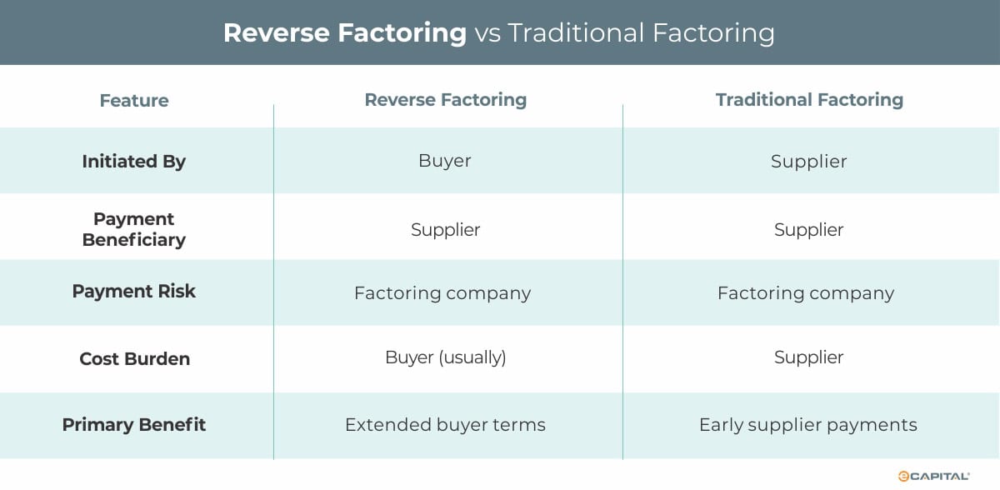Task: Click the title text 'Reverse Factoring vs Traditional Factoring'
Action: pyautogui.click(x=499, y=32)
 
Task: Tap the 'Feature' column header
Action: pyautogui.click(x=133, y=101)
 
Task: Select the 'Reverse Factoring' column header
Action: pyautogui.click(x=445, y=100)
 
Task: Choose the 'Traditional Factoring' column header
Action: pyautogui.click(x=808, y=100)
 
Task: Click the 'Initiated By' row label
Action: pyautogui.click(x=133, y=162)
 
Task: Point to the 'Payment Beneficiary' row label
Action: pyautogui.click(x=133, y=229)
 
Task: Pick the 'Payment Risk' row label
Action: pyautogui.click(x=133, y=292)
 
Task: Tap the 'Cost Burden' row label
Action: pyautogui.click(x=134, y=359)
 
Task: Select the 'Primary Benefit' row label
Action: pyautogui.click(x=133, y=425)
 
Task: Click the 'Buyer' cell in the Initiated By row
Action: pyautogui.click(x=445, y=161)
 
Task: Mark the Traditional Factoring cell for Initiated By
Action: pyautogui.click(x=808, y=162)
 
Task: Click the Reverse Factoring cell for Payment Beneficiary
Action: pyautogui.click(x=445, y=230)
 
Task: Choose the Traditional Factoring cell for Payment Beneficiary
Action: pyautogui.click(x=808, y=230)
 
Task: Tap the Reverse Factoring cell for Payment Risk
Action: pyautogui.click(x=442, y=293)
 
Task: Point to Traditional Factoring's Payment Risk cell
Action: pyautogui.click(x=805, y=293)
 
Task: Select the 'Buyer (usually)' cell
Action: pyautogui.click(x=445, y=358)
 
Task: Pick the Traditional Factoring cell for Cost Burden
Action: pyautogui.click(x=808, y=358)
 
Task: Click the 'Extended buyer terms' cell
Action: pyautogui.click(x=445, y=425)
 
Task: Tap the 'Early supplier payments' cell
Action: pyautogui.click(x=807, y=425)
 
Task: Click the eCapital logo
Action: pyautogui.click(x=932, y=476)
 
